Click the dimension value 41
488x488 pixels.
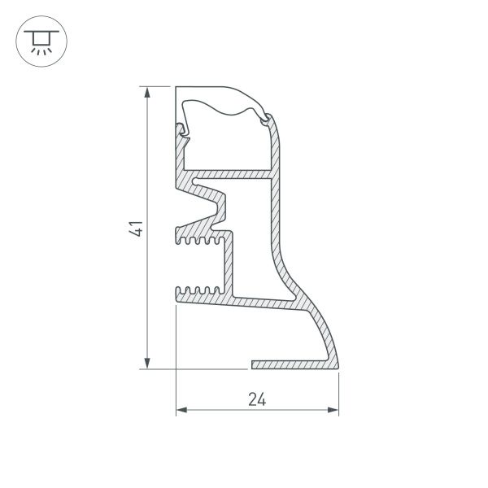[x=136, y=229]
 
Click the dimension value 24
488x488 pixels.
[x=257, y=399]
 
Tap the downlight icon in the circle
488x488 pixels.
[x=41, y=41]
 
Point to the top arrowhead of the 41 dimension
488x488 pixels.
[x=147, y=92]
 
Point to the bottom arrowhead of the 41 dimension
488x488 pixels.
[x=147, y=364]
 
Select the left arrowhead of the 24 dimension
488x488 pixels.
[x=181, y=410]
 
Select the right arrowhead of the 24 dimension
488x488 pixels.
[x=333, y=410]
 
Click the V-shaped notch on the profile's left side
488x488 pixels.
[x=199, y=208]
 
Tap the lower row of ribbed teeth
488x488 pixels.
[x=200, y=290]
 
